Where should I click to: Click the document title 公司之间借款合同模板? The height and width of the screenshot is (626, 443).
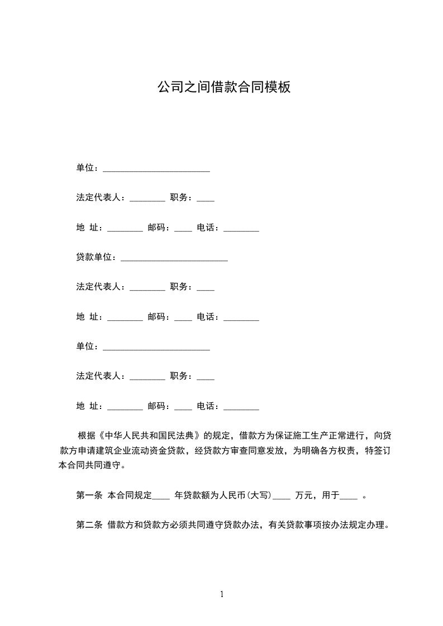click(x=223, y=88)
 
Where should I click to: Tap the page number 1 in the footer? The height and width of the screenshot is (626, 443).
click(x=222, y=594)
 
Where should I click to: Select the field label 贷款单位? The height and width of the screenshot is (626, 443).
click(x=95, y=257)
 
